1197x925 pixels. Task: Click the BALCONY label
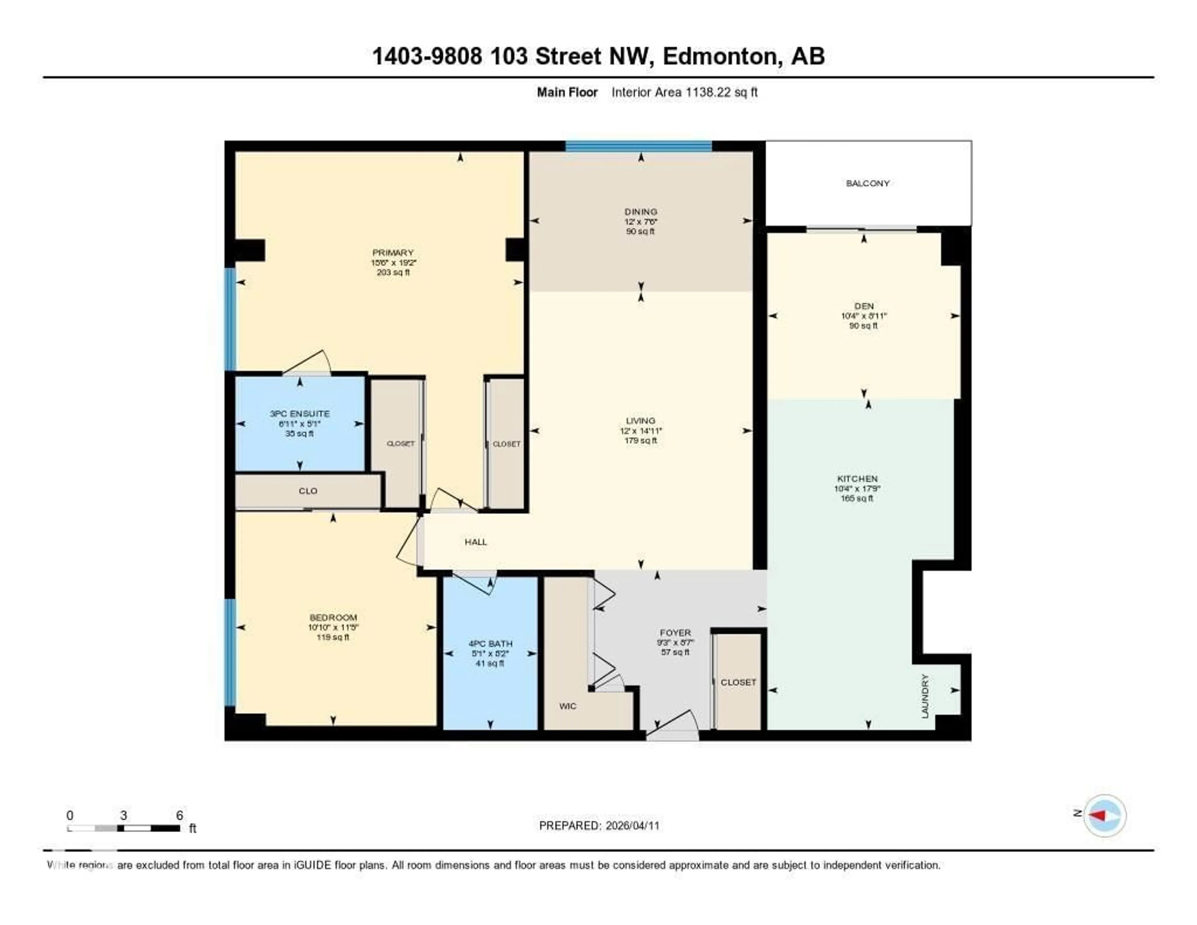click(867, 183)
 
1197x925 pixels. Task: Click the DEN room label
click(864, 306)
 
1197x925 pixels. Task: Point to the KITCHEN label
click(857, 479)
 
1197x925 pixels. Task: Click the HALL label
click(476, 542)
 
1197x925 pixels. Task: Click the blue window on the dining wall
click(638, 146)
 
